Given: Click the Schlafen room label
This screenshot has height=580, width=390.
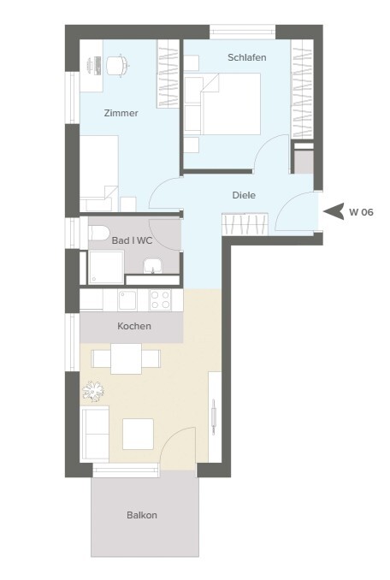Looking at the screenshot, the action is (247, 57).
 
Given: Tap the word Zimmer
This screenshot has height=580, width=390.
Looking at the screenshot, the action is (121, 113).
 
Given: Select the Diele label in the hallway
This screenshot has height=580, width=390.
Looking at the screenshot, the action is (244, 195).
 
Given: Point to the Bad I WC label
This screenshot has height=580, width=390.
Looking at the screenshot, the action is (132, 240).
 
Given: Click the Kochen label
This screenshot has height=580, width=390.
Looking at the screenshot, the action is (134, 326).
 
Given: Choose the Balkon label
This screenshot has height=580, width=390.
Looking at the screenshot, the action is (142, 515).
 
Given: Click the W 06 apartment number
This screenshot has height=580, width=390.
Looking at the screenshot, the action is (361, 212).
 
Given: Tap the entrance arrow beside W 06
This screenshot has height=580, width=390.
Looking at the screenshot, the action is (334, 211).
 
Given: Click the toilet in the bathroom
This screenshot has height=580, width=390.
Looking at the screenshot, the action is (98, 233).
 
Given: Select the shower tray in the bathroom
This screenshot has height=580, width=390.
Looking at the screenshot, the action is (106, 268).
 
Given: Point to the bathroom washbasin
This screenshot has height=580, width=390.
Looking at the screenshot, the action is (153, 266).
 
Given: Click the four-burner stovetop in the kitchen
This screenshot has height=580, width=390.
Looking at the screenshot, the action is (161, 299).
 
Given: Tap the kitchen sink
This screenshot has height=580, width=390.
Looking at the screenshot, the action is (127, 300).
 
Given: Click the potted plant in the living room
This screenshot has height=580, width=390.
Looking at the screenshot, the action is (92, 390).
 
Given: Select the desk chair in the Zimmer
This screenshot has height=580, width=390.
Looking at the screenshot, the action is (118, 64).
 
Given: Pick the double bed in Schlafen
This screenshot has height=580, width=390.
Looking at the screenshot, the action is (230, 104).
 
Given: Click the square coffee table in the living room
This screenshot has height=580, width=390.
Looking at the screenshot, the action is (138, 434).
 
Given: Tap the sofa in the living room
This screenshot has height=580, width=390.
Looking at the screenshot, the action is (95, 434).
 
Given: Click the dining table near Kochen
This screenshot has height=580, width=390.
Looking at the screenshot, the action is (126, 358).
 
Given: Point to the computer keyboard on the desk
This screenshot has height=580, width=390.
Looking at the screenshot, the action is (98, 66).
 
